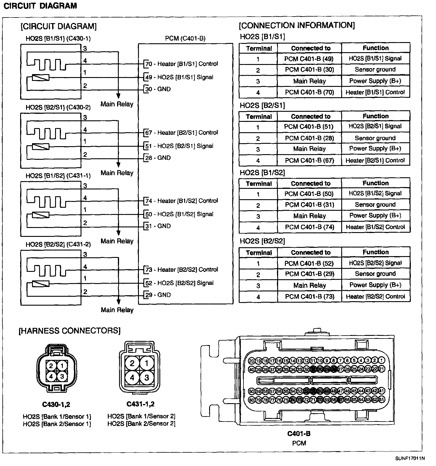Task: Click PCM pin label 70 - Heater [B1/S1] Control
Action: pyautogui.click(x=181, y=64)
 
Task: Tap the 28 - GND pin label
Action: pyautogui.click(x=158, y=158)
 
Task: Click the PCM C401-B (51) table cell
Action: pyautogui.click(x=309, y=127)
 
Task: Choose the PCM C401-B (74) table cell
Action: pyautogui.click(x=310, y=227)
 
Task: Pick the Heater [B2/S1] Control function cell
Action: pyautogui.click(x=375, y=161)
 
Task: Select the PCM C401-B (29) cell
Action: pyautogui.click(x=310, y=274)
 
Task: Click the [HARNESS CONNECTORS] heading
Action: pyautogui.click(x=70, y=331)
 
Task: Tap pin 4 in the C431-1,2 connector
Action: pyautogui.click(x=132, y=378)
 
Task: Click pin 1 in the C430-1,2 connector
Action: pyautogui.click(x=62, y=366)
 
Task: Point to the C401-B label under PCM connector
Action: pyautogui.click(x=299, y=434)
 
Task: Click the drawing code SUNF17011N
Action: pyautogui.click(x=410, y=458)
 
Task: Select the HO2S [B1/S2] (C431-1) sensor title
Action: pyautogui.click(x=58, y=176)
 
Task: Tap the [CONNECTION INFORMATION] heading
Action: pyautogui.click(x=297, y=25)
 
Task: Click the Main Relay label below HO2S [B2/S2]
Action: pyautogui.click(x=117, y=310)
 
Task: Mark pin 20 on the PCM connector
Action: pyautogui.click(x=251, y=361)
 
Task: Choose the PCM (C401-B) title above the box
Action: pyautogui.click(x=185, y=39)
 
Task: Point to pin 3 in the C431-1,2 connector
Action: pyautogui.click(x=147, y=378)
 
